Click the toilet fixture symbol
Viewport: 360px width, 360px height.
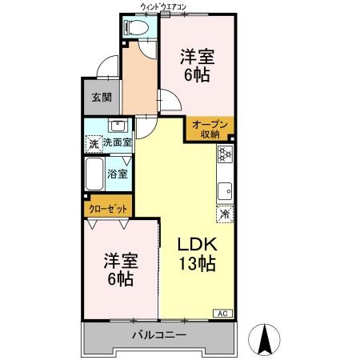tap(137, 27)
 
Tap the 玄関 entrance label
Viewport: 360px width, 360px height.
tap(102, 98)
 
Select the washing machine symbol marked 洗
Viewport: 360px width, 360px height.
tap(94, 144)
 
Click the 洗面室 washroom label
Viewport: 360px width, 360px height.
tap(118, 142)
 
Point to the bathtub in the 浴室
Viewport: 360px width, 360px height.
tap(94, 174)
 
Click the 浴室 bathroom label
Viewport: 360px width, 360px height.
tap(118, 174)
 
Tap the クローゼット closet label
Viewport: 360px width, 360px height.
tap(108, 209)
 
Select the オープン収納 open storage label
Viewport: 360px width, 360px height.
tap(210, 130)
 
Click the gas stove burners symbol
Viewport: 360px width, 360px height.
tap(225, 154)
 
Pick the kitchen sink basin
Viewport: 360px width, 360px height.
tap(226, 191)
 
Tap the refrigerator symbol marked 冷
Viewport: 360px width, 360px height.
tap(225, 214)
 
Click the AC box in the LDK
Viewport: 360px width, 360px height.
tap(223, 314)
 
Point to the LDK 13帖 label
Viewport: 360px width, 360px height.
tap(198, 254)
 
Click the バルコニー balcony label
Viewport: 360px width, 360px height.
tap(159, 334)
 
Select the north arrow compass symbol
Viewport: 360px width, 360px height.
tap(264, 340)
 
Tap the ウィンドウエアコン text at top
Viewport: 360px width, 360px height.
tap(163, 7)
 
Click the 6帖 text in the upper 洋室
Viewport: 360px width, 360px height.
tap(197, 74)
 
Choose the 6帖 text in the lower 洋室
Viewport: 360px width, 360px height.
tap(121, 278)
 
